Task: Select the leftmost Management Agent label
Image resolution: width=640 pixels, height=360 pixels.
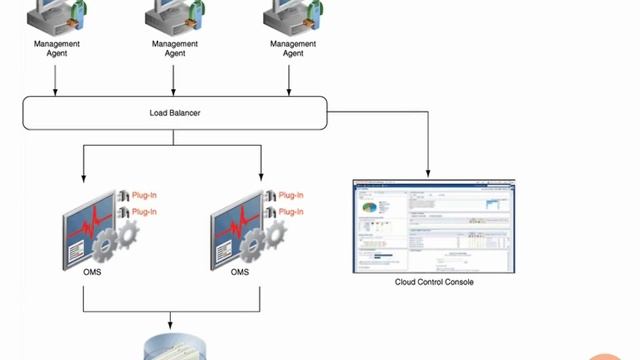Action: (x=57, y=48)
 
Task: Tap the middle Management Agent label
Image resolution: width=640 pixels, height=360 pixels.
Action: (x=175, y=48)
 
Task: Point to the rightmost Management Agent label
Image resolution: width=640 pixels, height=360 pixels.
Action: (x=293, y=48)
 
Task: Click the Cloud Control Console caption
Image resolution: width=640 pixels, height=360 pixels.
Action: (x=434, y=282)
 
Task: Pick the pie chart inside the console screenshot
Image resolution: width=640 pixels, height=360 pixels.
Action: (x=372, y=207)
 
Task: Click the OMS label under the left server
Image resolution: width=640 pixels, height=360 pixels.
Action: (x=93, y=272)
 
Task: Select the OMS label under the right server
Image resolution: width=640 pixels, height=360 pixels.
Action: (x=240, y=272)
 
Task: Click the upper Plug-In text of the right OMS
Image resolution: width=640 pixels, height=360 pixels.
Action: (x=291, y=195)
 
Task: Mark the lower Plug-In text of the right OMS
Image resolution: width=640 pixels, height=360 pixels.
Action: (x=291, y=212)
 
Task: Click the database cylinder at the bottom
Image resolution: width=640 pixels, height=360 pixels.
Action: (x=171, y=349)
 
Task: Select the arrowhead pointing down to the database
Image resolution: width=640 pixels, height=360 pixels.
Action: (x=171, y=327)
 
